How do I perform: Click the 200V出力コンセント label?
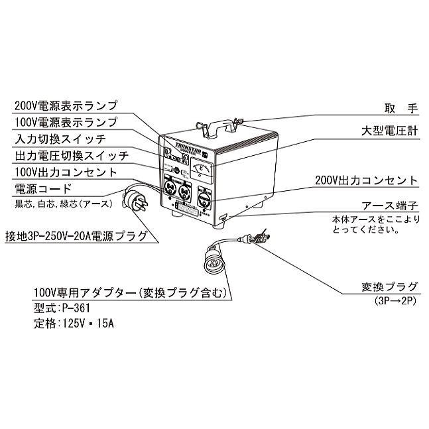[x=375, y=180]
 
